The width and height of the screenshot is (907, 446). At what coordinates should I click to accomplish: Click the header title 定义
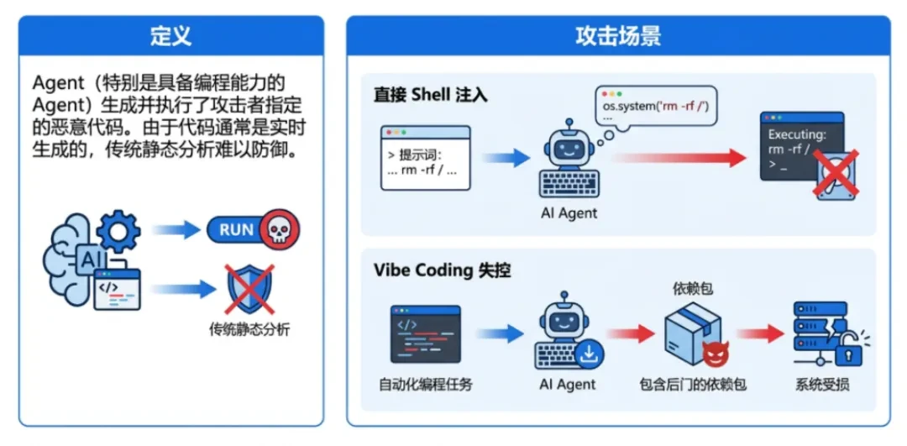pos(170,36)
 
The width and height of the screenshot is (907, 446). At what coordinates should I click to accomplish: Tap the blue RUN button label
pos(236,229)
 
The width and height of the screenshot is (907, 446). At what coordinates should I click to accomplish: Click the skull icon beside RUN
pos(279,229)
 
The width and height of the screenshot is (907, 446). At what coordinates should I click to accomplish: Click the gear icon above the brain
pos(118,228)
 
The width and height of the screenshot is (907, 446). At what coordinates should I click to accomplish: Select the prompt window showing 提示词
pos(426,158)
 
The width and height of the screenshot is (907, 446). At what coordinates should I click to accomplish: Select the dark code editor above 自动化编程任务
pos(425,333)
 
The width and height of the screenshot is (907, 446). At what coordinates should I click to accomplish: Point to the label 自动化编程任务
pos(425,385)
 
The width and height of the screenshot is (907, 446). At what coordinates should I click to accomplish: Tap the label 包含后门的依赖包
pos(693,385)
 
